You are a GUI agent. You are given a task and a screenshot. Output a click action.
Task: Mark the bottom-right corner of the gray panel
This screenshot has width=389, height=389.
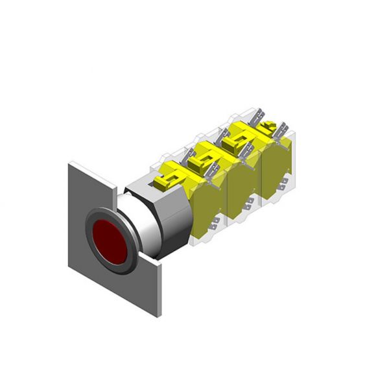[x=159, y=317]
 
